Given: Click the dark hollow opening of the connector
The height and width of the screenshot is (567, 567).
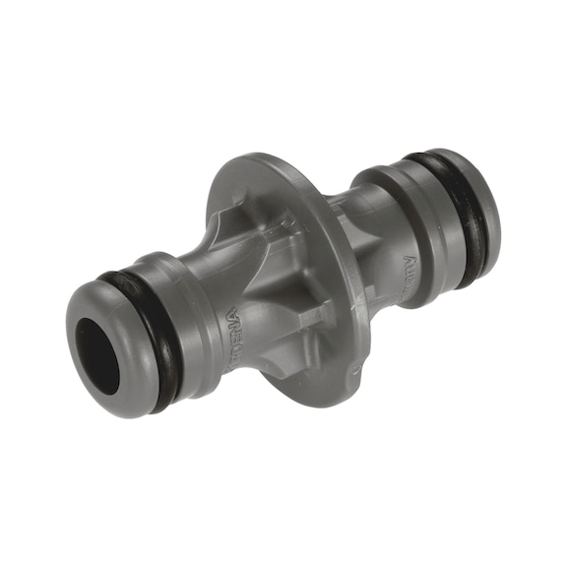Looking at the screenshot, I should [x=97, y=355].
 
